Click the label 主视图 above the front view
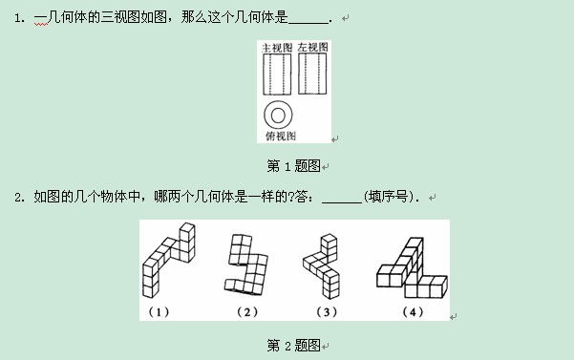click(277, 48)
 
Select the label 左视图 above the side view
click(312, 47)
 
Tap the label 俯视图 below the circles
click(281, 137)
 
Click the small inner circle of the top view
click(278, 116)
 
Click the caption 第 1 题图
click(293, 166)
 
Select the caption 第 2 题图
click(293, 345)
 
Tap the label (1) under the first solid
click(159, 312)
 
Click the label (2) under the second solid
click(247, 312)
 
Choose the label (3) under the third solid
click(327, 312)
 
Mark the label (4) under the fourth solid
click(413, 312)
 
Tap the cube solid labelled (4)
click(412, 267)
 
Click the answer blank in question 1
click(308, 23)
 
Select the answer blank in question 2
click(342, 201)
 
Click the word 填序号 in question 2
click(388, 197)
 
